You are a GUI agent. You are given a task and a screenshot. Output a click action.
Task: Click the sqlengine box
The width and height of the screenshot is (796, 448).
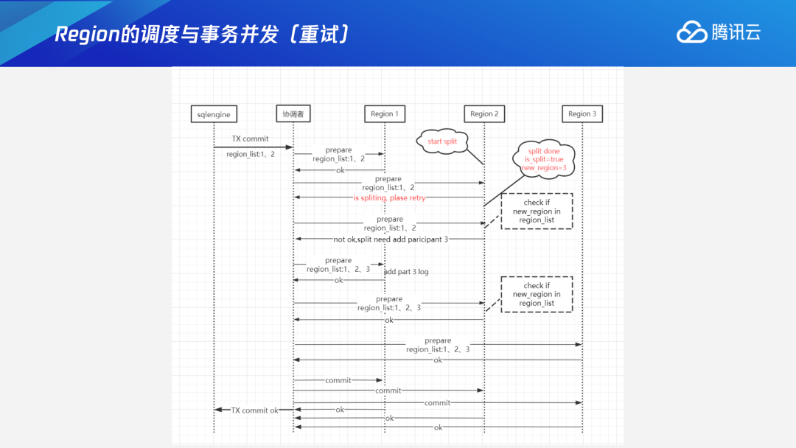pyautogui.click(x=214, y=114)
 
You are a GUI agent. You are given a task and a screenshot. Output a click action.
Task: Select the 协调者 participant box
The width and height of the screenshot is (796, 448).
pyautogui.click(x=293, y=114)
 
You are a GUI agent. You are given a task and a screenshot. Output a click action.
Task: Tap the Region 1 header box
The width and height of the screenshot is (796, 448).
pyautogui.click(x=384, y=114)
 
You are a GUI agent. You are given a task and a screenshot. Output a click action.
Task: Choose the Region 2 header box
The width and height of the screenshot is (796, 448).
pyautogui.click(x=484, y=114)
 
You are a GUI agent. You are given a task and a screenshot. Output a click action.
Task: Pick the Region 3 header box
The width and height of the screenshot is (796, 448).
pyautogui.click(x=582, y=114)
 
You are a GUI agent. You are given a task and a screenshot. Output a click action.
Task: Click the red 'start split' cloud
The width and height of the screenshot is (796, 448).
pyautogui.click(x=442, y=141)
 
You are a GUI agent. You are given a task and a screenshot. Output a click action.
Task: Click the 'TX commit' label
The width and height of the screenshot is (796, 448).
pyautogui.click(x=251, y=139)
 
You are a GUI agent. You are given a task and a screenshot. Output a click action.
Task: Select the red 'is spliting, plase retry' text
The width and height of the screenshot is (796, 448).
pyautogui.click(x=389, y=197)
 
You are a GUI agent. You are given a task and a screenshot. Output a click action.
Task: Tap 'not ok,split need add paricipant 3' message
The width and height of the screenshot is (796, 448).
pyautogui.click(x=391, y=239)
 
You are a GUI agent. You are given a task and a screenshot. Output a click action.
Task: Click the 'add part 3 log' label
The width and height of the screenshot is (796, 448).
pyautogui.click(x=406, y=272)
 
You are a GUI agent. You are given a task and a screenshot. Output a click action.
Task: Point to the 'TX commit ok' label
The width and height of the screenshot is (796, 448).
pyautogui.click(x=255, y=410)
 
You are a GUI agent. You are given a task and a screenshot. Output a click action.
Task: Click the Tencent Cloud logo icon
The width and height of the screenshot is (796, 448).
pyautogui.click(x=691, y=32)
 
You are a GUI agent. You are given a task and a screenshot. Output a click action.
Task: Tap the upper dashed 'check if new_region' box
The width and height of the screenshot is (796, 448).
pyautogui.click(x=537, y=211)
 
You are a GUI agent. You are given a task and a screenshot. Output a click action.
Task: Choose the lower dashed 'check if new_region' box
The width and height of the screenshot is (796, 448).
pyautogui.click(x=537, y=294)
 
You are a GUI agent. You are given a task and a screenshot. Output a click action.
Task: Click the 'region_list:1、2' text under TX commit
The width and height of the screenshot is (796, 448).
pyautogui.click(x=251, y=154)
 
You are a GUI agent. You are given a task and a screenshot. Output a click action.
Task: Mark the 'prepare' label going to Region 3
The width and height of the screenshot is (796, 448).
pyautogui.click(x=438, y=340)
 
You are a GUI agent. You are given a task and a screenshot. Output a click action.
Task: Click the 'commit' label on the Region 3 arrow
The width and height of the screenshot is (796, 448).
pyautogui.click(x=437, y=403)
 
